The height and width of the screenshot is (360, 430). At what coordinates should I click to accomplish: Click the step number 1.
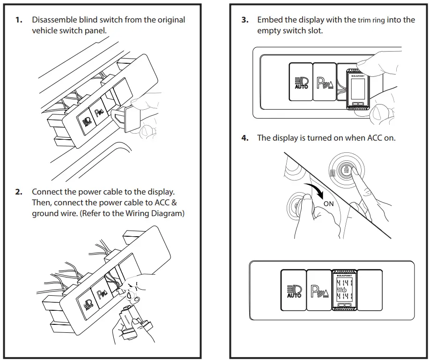(19, 20)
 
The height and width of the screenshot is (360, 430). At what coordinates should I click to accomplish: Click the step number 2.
(19, 192)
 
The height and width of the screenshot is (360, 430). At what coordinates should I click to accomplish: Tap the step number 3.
(245, 20)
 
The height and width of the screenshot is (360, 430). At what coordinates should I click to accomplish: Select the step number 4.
(245, 138)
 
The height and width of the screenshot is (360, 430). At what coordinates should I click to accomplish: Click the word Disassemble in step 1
(53, 20)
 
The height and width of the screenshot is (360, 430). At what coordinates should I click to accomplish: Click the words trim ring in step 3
(372, 20)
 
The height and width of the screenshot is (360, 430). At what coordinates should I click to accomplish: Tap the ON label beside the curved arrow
(329, 203)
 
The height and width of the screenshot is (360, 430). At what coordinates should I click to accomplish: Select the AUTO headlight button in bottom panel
(293, 291)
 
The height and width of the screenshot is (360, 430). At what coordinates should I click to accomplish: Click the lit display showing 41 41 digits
(344, 290)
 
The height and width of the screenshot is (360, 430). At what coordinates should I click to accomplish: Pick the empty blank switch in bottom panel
(370, 291)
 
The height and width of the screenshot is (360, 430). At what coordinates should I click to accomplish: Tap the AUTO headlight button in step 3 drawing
(300, 82)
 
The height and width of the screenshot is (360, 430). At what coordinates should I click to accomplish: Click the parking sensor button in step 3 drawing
(324, 82)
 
